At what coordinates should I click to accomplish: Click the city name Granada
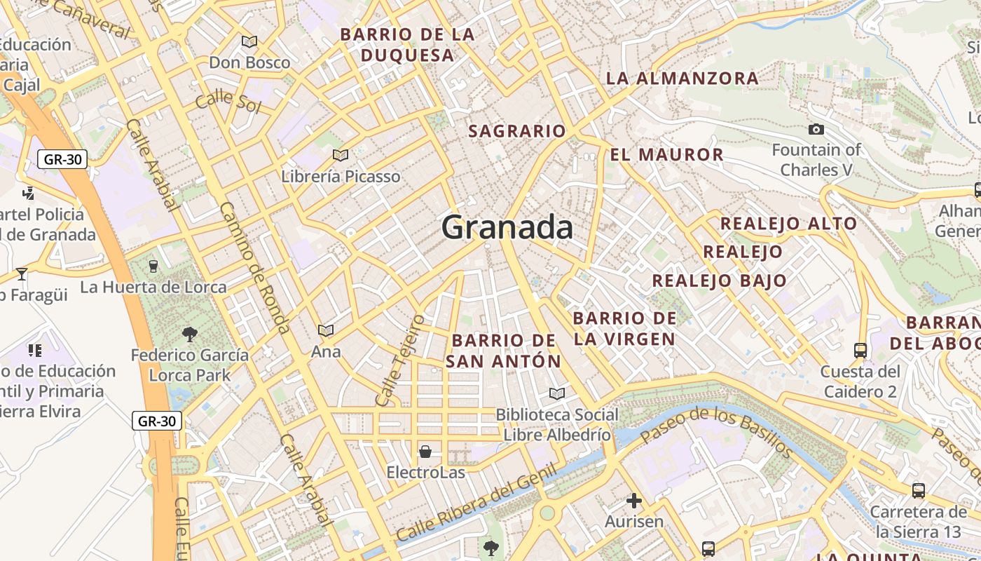click(507, 228)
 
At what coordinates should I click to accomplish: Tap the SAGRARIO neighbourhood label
click(517, 131)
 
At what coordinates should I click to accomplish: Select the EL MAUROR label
click(666, 155)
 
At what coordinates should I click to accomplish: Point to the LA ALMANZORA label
click(682, 78)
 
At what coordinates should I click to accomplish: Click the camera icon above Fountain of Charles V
click(816, 129)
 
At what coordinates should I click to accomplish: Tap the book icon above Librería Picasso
click(341, 155)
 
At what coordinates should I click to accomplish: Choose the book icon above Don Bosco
click(249, 42)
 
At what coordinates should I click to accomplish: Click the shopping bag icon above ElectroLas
click(425, 451)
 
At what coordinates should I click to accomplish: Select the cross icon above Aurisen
click(634, 501)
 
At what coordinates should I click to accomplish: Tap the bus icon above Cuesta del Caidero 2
click(860, 350)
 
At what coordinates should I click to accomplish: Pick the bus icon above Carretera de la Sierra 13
click(918, 491)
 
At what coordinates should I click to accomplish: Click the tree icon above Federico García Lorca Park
click(189, 334)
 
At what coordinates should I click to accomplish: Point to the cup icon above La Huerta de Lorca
click(153, 266)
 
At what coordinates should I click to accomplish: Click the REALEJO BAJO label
click(719, 281)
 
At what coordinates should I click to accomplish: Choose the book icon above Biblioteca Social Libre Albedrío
click(557, 393)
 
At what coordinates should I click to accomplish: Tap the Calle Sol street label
click(228, 102)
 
